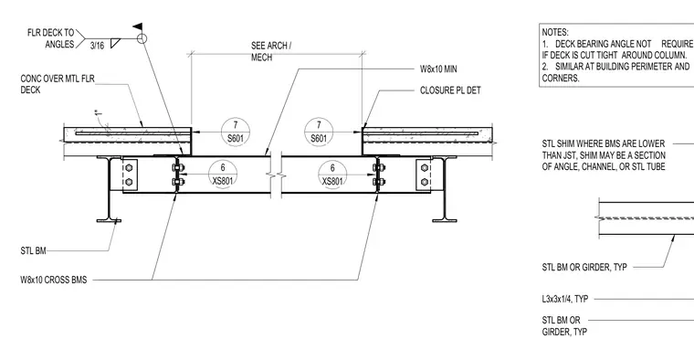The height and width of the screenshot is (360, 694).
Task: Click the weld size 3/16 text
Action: (97, 45)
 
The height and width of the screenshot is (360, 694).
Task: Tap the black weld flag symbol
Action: (138, 26)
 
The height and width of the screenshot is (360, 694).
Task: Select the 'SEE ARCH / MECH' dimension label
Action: (271, 51)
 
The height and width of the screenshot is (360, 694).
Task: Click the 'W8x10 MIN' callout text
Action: (438, 69)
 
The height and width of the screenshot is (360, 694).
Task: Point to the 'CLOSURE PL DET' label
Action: (450, 90)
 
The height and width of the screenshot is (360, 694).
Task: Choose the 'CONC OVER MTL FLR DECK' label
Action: (58, 84)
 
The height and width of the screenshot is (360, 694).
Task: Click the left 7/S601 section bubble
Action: (236, 132)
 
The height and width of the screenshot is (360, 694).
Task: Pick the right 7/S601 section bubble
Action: (319, 132)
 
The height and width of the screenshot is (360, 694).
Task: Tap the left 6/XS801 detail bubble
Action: (223, 174)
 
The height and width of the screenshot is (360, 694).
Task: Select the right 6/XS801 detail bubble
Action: (332, 175)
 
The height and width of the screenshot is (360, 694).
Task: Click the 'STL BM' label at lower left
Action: (33, 251)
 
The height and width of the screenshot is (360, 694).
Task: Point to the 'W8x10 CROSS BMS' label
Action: (54, 280)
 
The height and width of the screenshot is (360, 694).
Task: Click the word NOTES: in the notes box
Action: (555, 32)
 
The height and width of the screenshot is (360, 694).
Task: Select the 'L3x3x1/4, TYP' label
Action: (564, 299)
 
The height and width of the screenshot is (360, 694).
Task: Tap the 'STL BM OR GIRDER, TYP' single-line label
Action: (584, 267)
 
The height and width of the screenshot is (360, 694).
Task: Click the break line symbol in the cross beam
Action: (275, 175)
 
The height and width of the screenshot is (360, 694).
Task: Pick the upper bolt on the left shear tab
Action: (129, 168)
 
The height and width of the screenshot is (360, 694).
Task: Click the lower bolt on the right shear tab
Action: (425, 182)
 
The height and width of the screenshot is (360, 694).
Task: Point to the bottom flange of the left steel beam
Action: (109, 220)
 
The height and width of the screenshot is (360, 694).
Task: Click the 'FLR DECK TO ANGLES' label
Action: (50, 38)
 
